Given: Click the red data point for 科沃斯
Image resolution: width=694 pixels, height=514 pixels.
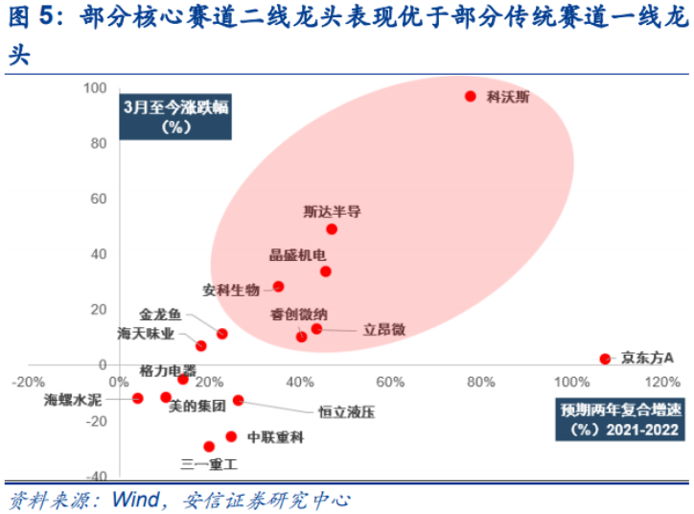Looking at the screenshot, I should pyautogui.click(x=471, y=96).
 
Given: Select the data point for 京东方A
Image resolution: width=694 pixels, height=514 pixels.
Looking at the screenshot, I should pyautogui.click(x=605, y=359).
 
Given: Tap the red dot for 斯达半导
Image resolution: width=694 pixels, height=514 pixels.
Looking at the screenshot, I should pyautogui.click(x=332, y=229).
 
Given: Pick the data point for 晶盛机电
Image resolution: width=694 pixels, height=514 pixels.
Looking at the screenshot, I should pyautogui.click(x=326, y=271).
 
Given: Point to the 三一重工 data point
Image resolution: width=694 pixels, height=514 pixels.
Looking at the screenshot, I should pyautogui.click(x=209, y=446).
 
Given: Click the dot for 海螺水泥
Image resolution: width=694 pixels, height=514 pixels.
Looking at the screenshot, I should pyautogui.click(x=138, y=398).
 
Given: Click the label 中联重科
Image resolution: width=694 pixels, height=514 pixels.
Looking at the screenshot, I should pyautogui.click(x=275, y=437).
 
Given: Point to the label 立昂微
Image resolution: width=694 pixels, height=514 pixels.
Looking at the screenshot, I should pyautogui.click(x=384, y=329).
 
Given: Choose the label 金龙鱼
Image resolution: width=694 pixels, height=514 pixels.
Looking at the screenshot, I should pyautogui.click(x=159, y=315).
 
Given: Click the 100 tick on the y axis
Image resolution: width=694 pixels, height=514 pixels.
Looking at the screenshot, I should pyautogui.click(x=95, y=88).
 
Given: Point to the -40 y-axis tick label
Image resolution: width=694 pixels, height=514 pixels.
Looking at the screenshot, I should pyautogui.click(x=95, y=477).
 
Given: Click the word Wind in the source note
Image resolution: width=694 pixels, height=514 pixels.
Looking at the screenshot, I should pyautogui.click(x=136, y=501).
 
